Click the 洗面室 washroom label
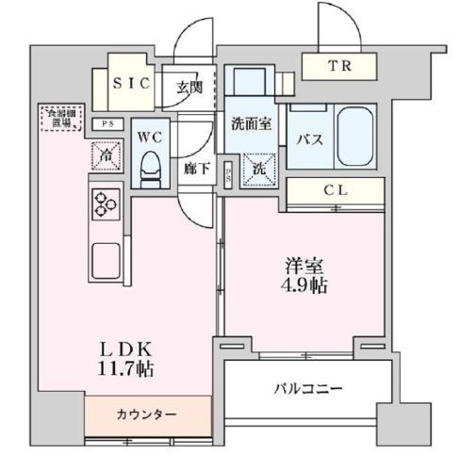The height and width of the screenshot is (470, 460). point(254,122)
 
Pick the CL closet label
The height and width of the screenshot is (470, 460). point(337,190)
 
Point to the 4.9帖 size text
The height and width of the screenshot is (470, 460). point(307,284)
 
